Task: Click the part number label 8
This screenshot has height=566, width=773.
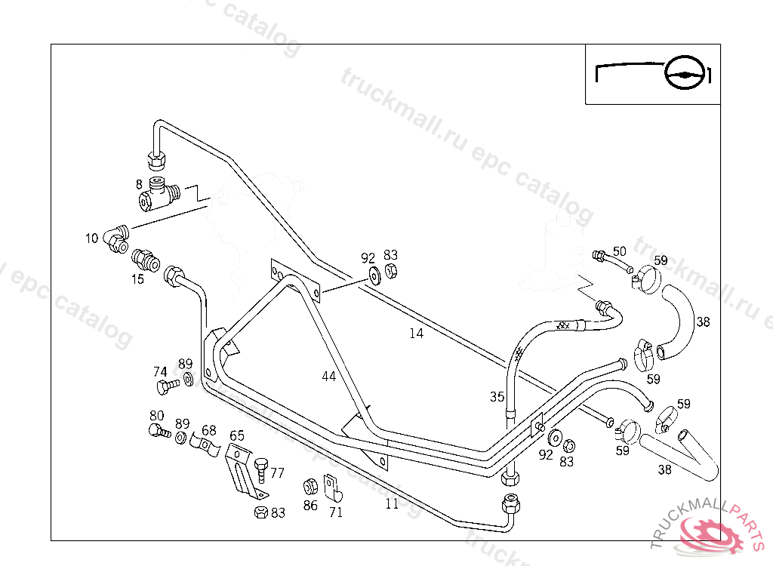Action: coord(139,183)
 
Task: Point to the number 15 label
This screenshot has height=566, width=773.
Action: coord(137,278)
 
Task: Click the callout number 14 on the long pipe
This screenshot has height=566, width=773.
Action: coord(417,334)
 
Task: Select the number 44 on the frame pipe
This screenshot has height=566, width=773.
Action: coord(328,376)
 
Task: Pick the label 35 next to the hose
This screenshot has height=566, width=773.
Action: coord(496,396)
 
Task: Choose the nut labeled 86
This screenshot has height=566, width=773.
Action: coord(310,487)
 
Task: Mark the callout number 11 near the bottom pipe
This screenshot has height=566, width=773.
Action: coord(391,504)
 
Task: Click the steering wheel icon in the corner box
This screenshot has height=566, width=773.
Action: coord(688,75)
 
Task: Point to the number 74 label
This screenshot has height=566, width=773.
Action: coord(160,371)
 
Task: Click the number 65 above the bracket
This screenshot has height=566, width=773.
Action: coord(237,435)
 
